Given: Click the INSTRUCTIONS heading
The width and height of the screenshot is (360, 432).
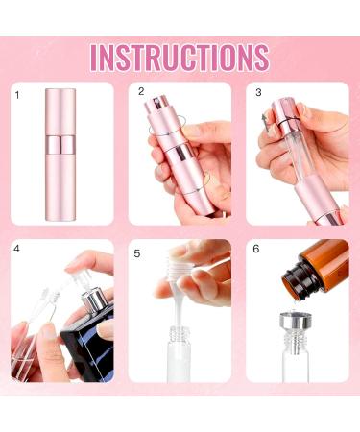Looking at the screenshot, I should click(180, 56).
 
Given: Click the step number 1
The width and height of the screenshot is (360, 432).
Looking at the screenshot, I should click(17, 95).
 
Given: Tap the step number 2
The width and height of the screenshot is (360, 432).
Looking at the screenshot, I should click(141, 92).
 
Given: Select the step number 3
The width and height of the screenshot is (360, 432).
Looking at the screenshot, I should click(258, 92).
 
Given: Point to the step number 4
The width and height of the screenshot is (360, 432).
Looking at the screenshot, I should click(17, 250).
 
